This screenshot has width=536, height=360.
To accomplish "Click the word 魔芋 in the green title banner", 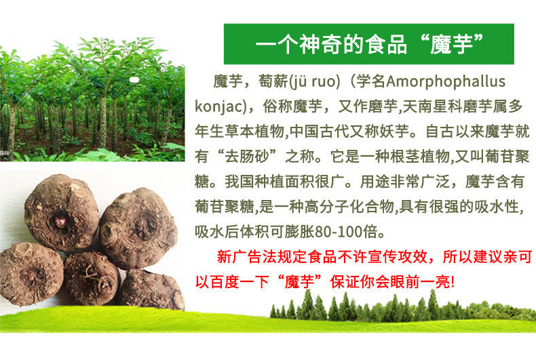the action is click(451, 44).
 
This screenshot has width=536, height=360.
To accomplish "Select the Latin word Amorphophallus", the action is click(446, 82).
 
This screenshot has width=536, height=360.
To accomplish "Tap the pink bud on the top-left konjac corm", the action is click(61, 222).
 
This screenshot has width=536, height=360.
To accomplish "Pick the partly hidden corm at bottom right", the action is click(152, 290).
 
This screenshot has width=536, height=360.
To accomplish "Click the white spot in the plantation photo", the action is click(134, 80).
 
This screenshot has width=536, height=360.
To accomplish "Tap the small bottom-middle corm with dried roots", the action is click(92, 279).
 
